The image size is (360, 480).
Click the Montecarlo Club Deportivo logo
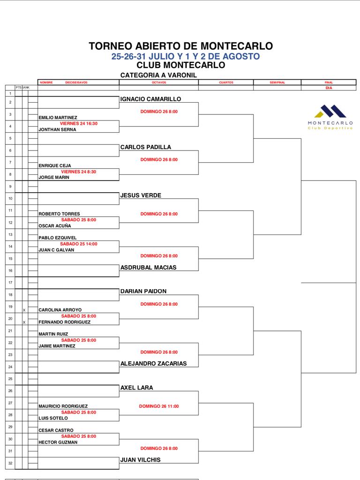[330, 117]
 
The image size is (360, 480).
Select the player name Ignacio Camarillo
[150, 99]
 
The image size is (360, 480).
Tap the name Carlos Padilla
[146, 147]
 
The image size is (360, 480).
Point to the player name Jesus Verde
[141, 195]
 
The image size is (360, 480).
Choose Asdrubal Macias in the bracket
[148, 267]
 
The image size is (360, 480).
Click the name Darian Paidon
[143, 291]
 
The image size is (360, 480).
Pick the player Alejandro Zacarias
[153, 363]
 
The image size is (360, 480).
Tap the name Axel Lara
[136, 388]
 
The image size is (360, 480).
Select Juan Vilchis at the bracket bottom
[140, 460]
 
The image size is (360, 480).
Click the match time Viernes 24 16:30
[78, 123]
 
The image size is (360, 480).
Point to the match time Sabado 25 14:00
[78, 244]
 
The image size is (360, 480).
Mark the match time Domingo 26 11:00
[159, 406]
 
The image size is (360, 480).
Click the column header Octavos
[159, 82]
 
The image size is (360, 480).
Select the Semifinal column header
[277, 82]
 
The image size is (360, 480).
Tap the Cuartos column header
[226, 82]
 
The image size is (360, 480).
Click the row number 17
[10, 283]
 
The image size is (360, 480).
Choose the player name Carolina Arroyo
[60, 310]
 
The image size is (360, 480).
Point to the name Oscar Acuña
[54, 225]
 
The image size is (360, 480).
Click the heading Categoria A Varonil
[158, 75]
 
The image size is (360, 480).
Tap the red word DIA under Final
[329, 88]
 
